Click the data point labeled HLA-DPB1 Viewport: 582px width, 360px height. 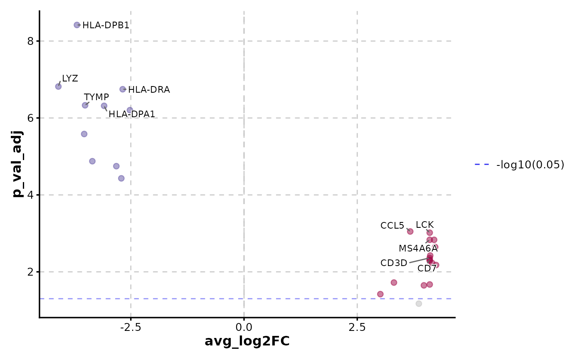(x=77, y=25)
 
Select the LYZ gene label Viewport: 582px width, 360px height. (x=70, y=78)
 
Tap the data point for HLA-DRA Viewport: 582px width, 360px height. (x=123, y=89)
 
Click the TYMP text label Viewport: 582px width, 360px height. (x=96, y=97)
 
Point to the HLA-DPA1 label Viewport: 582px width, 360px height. (x=132, y=114)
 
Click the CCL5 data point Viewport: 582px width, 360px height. (x=410, y=231)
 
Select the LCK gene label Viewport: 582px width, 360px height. (x=424, y=225)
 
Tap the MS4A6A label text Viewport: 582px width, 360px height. (x=418, y=249)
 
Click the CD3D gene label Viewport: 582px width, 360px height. (x=394, y=263)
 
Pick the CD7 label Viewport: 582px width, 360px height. (x=427, y=268)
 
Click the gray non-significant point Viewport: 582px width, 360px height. (x=419, y=303)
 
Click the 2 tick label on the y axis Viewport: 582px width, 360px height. (x=30, y=272)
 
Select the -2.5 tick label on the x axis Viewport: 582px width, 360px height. (x=131, y=327)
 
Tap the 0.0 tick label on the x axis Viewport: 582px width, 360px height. (x=244, y=327)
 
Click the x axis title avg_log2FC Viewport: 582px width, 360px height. (x=247, y=341)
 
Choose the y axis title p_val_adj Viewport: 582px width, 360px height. (x=17, y=163)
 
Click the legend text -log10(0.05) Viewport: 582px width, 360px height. (x=530, y=165)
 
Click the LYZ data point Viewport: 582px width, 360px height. (x=58, y=86)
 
